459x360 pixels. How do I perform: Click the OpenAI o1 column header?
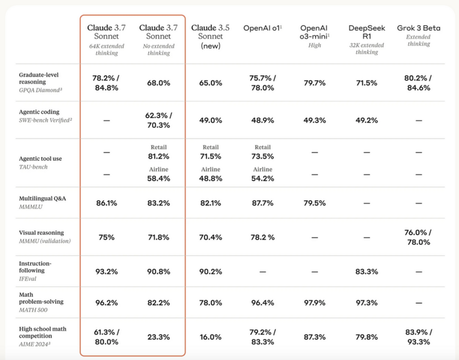[x=262, y=28]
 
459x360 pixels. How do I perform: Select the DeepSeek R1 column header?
[x=366, y=32]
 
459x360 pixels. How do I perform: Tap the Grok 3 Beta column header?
[x=418, y=28]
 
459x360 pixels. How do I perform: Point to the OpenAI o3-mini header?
[x=314, y=32]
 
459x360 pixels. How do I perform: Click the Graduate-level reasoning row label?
[x=40, y=79]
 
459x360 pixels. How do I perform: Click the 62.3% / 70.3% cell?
[x=158, y=120]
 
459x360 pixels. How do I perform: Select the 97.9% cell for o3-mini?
[x=314, y=302]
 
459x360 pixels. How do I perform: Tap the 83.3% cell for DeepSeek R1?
[x=366, y=272]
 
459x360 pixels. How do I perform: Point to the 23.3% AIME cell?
[x=158, y=337]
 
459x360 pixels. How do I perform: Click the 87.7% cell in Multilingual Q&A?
[x=262, y=203]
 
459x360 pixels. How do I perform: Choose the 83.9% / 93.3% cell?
[x=418, y=337]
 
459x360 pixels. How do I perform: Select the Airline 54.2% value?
[x=262, y=179]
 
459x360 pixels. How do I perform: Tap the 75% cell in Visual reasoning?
[x=107, y=237]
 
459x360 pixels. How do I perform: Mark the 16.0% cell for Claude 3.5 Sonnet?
[x=210, y=337]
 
